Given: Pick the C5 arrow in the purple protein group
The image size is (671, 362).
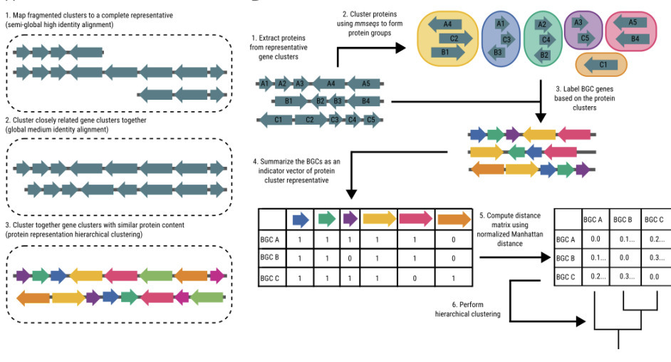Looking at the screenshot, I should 583,38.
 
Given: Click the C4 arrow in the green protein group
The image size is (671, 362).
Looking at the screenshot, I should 545,40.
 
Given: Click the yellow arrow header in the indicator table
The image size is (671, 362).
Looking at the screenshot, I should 380,219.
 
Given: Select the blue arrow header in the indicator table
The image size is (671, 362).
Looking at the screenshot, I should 301,219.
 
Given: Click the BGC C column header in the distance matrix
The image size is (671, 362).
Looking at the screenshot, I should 654,219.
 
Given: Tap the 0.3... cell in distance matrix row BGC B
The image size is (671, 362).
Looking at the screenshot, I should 654,257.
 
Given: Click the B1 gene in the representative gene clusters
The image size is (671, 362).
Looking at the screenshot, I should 288,102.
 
